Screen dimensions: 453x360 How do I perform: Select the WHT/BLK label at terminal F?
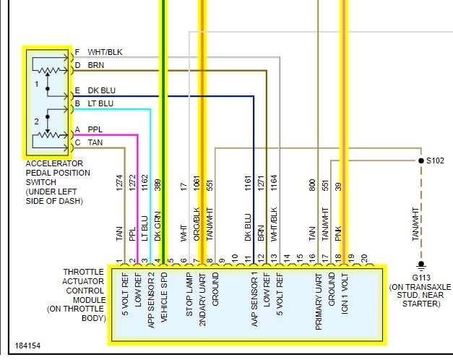point(105,52)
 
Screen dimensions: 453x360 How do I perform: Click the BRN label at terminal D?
point(96,65)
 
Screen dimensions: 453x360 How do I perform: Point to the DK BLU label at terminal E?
point(102,91)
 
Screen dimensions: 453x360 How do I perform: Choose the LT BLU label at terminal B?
point(100,104)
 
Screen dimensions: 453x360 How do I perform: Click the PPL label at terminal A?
point(95,129)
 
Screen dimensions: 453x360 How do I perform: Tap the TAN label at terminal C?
point(95,142)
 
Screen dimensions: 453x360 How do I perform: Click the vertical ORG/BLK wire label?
point(196,231)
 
